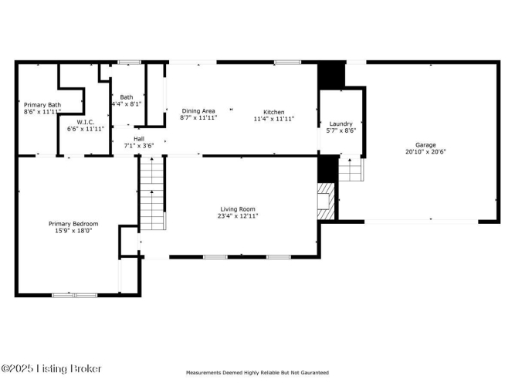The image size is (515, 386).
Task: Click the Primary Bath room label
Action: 42,105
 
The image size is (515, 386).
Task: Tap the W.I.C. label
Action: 86,122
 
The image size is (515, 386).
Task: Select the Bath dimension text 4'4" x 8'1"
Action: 127,104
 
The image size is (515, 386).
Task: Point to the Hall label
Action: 139,139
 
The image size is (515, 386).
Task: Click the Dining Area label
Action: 198,111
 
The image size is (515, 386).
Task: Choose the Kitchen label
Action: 274,112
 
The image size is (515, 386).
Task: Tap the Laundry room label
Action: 341,124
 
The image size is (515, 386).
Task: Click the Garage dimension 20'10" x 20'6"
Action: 425,152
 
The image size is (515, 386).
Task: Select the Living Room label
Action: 238,209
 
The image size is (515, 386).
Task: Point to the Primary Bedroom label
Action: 73,224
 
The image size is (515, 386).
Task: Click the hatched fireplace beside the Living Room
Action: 326,201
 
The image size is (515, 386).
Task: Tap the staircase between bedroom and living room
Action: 152,193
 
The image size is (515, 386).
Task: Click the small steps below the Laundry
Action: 351,170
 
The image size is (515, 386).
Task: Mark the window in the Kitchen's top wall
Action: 287,62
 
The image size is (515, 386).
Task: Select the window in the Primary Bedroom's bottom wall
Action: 75,296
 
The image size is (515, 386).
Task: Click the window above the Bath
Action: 130,62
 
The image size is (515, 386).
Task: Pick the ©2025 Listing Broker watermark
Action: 51,368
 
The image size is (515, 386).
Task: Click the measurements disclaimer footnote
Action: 258,373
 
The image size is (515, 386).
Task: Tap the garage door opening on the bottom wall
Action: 422,222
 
